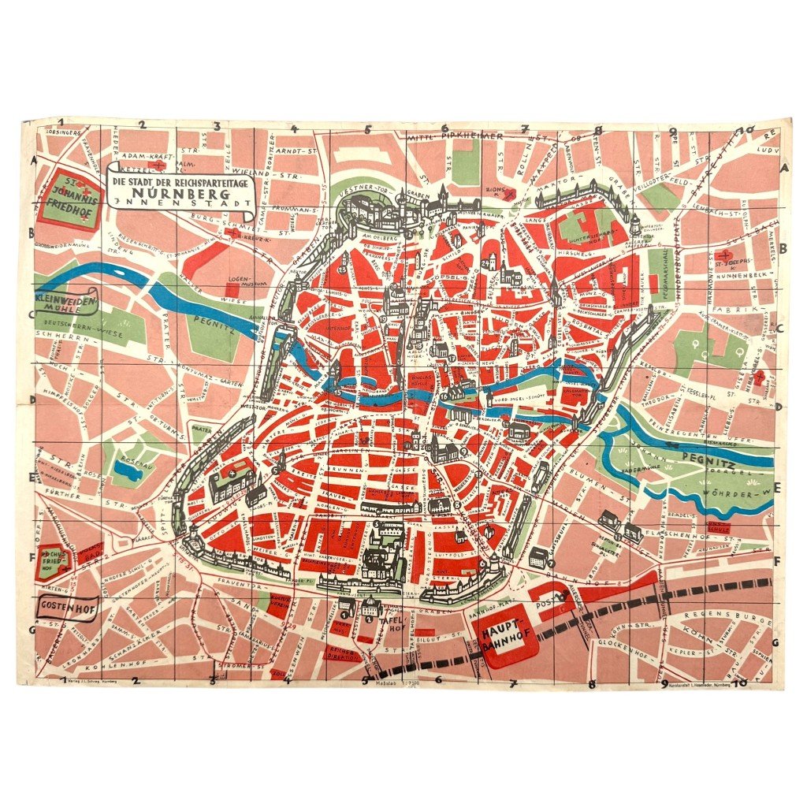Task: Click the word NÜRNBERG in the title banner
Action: coord(180,192)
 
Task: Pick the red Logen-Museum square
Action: coord(231,267)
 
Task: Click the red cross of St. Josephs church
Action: coord(723,256)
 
